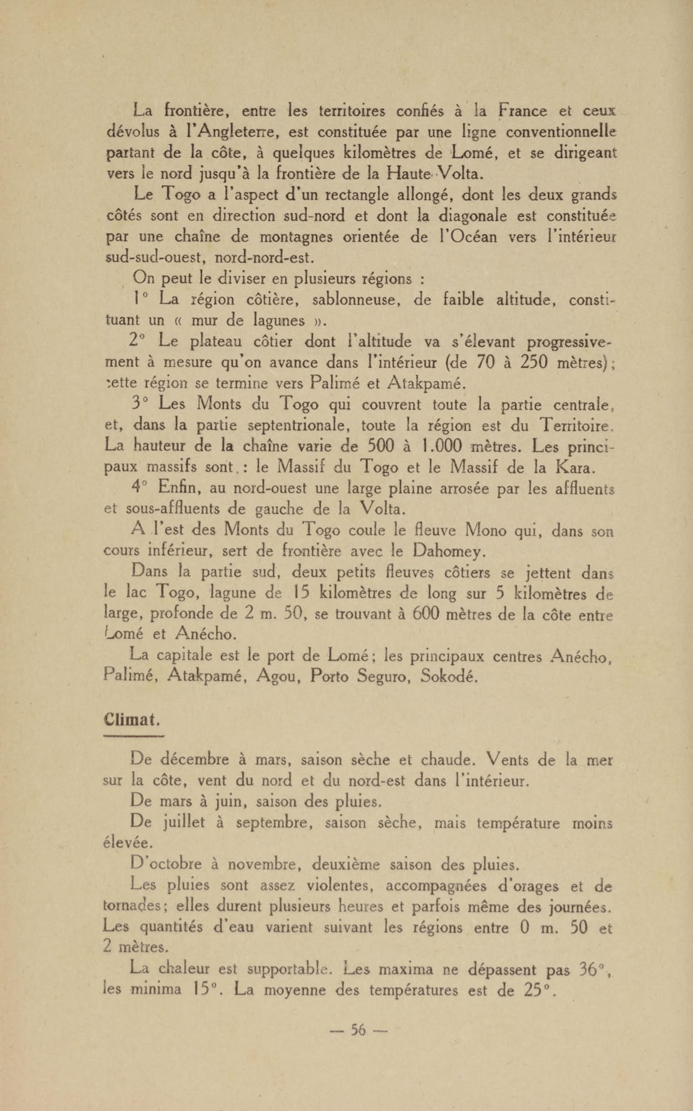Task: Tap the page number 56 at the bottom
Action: pyautogui.click(x=359, y=1042)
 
